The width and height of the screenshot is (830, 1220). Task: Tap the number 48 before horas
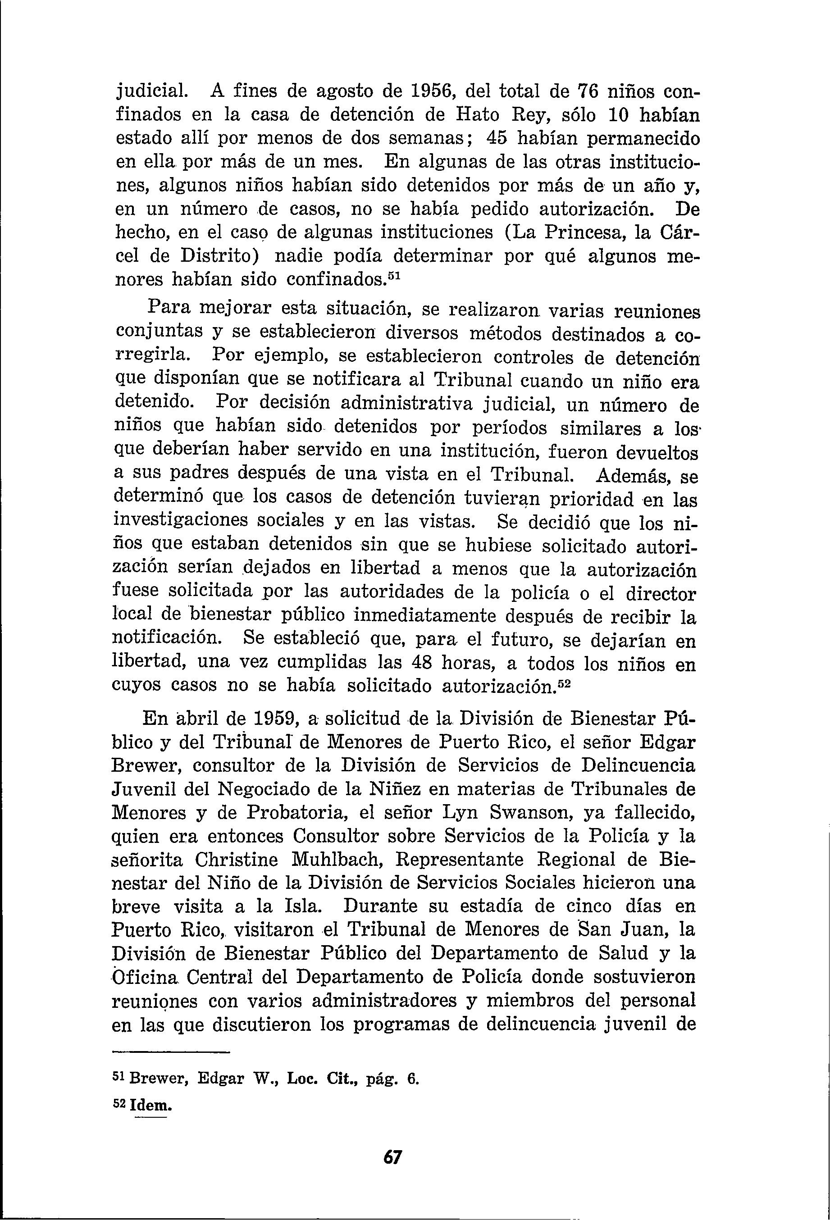coord(420,663)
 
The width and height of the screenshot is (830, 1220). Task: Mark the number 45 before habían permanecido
coord(499,139)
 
